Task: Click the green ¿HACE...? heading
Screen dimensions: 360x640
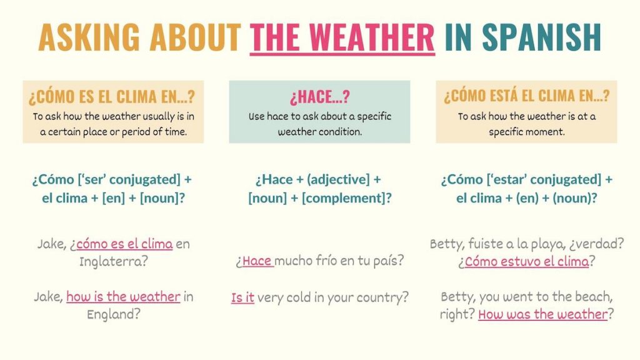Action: click(319, 97)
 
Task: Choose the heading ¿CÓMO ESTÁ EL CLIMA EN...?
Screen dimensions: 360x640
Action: click(526, 96)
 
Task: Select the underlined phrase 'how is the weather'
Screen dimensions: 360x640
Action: click(123, 297)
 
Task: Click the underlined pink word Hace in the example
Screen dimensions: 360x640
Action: click(256, 261)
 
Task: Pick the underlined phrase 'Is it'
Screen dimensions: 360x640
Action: click(242, 297)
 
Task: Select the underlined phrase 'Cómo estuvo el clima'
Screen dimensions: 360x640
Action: click(526, 261)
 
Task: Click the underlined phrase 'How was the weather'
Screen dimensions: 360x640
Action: click(542, 314)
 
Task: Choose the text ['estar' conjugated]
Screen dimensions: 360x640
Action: click(532, 179)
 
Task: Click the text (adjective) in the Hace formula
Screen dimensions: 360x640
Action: click(336, 179)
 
